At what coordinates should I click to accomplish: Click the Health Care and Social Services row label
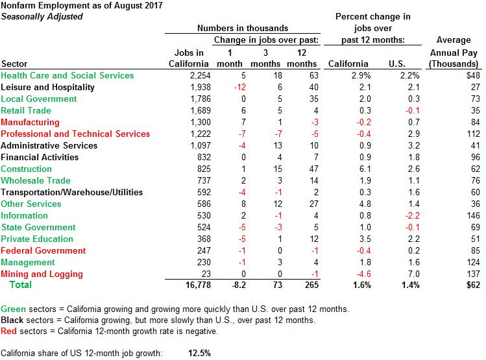[x=67, y=76]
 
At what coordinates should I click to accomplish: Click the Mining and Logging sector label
[x=42, y=274]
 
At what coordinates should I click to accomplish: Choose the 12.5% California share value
[x=199, y=354]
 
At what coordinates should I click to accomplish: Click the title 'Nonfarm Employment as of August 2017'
[x=82, y=5]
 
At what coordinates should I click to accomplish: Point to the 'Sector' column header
[x=14, y=64]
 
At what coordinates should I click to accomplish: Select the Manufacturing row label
[x=30, y=123]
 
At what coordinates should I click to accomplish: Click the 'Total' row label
[x=19, y=285]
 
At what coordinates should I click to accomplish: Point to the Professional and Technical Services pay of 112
[x=470, y=134]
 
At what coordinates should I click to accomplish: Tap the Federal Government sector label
[x=44, y=251]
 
